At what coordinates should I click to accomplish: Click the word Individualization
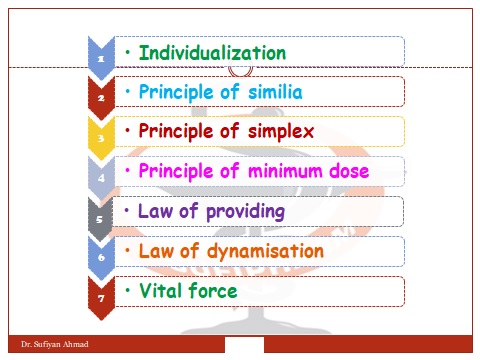click(212, 52)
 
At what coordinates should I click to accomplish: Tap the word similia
click(267, 92)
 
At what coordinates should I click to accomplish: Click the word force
click(215, 291)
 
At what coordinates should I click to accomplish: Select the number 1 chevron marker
click(102, 59)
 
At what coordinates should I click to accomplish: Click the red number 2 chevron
click(102, 99)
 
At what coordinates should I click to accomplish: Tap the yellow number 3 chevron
click(102, 139)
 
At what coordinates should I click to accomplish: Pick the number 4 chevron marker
click(102, 179)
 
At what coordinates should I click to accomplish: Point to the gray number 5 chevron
click(102, 219)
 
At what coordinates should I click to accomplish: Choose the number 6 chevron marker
click(102, 258)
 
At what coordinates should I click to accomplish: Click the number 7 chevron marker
click(102, 298)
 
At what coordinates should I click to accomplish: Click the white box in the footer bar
click(244, 345)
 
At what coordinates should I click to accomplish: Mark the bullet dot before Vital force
click(127, 290)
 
